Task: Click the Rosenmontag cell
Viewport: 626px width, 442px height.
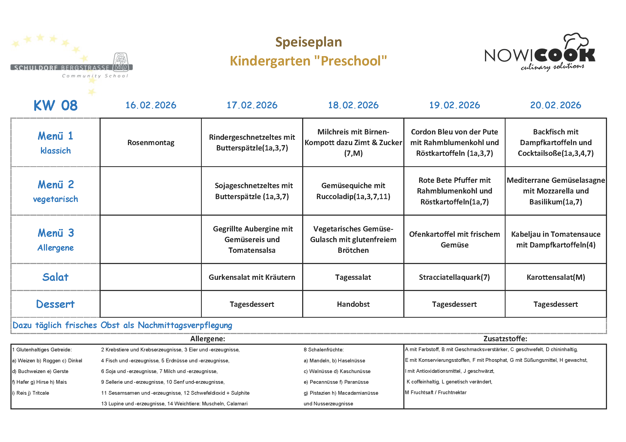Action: point(151,143)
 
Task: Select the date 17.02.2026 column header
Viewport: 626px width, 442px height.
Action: point(252,105)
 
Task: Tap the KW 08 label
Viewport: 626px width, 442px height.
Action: point(55,105)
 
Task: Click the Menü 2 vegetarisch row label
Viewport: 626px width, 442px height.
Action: point(55,191)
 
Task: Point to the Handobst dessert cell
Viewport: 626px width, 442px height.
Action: point(353,304)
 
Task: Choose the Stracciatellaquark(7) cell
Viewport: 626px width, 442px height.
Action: point(454,277)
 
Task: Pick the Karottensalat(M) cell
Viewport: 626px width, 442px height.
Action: point(556,277)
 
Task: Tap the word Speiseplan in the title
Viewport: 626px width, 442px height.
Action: point(308,42)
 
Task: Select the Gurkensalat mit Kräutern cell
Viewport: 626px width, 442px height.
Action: point(252,277)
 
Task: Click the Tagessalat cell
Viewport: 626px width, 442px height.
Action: point(353,277)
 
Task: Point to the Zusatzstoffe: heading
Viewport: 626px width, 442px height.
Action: point(505,339)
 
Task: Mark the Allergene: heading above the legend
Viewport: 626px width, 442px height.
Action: point(208,339)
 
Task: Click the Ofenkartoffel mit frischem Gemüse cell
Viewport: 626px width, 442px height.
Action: point(454,239)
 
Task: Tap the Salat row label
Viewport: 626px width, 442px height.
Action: point(55,277)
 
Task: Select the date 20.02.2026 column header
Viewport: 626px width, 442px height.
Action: point(556,105)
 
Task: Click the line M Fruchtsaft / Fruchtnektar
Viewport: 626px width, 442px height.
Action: point(436,393)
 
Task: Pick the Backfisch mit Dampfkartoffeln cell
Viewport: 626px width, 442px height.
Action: point(556,143)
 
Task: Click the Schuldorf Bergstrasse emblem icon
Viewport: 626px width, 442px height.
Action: point(121,62)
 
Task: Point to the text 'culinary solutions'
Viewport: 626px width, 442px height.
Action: point(552,67)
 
